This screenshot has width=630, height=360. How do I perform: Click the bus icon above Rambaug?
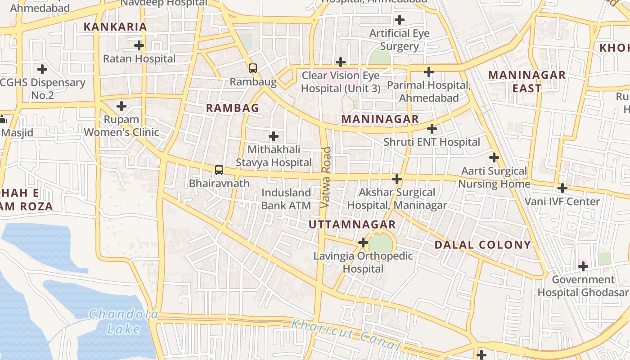click(253, 68)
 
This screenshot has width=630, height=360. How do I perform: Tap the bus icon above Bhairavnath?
click(219, 170)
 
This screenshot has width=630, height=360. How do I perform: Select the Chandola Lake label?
click(123, 321)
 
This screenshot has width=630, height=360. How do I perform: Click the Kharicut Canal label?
click(346, 334)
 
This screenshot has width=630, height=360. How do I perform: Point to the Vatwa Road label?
click(326, 177)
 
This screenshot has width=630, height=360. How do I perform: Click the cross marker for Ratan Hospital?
click(139, 45)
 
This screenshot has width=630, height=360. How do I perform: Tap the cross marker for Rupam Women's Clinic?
click(121, 106)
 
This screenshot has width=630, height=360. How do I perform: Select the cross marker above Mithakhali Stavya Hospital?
click(274, 136)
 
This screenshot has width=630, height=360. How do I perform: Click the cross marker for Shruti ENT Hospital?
click(432, 129)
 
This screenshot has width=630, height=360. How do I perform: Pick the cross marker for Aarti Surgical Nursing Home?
click(494, 157)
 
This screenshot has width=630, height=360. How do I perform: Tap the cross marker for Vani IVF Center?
click(562, 188)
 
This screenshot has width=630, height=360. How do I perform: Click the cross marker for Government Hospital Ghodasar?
click(583, 266)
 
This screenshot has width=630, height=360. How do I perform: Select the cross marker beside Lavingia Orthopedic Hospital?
click(363, 243)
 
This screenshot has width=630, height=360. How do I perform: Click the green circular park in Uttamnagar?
click(381, 243)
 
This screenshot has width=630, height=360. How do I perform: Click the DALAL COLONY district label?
click(483, 245)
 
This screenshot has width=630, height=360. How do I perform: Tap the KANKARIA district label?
click(116, 27)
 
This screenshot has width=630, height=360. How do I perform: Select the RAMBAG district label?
click(233, 108)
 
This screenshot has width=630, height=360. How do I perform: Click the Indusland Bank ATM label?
click(286, 199)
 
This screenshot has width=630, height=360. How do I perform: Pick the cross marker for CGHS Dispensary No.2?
click(42, 69)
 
